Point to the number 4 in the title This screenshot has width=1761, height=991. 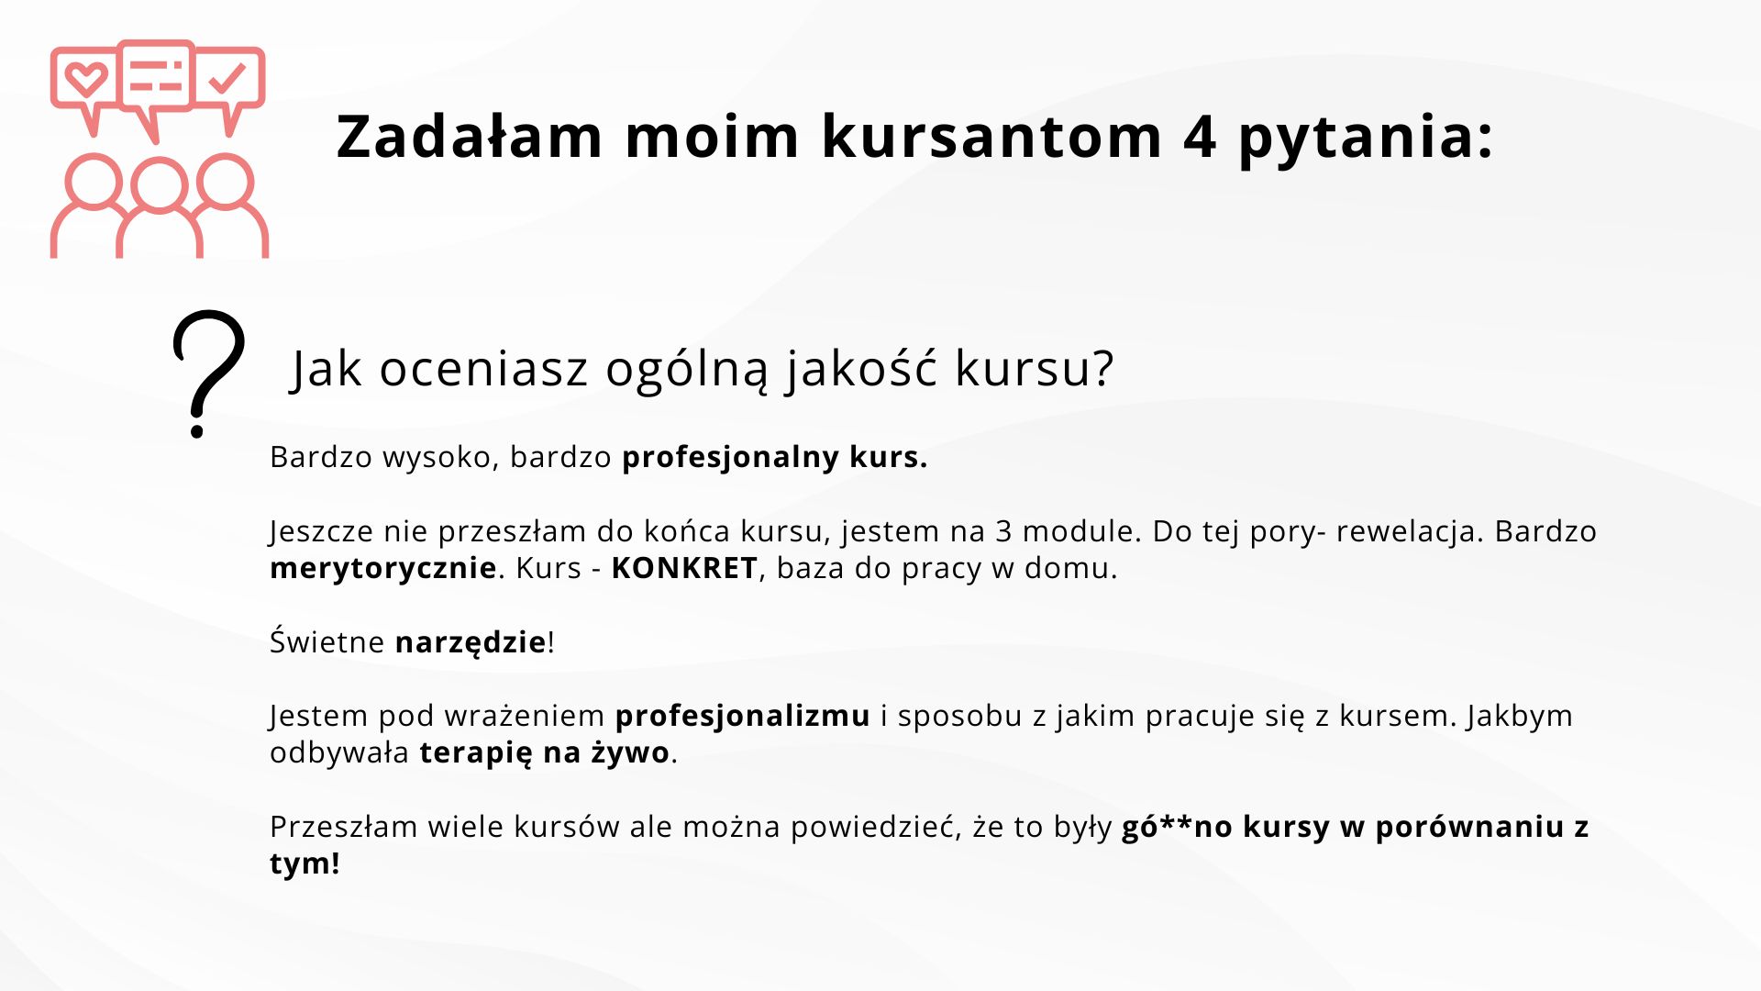point(1200,137)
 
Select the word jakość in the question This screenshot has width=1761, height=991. point(861,369)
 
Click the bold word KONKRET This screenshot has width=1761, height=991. point(684,568)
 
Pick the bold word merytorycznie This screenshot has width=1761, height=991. point(383,569)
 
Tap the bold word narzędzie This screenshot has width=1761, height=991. point(471,642)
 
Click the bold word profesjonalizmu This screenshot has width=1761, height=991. point(742,717)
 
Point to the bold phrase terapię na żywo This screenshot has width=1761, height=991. point(545,753)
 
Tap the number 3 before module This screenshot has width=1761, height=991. point(1003,531)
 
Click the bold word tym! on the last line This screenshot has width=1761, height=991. point(305,863)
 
